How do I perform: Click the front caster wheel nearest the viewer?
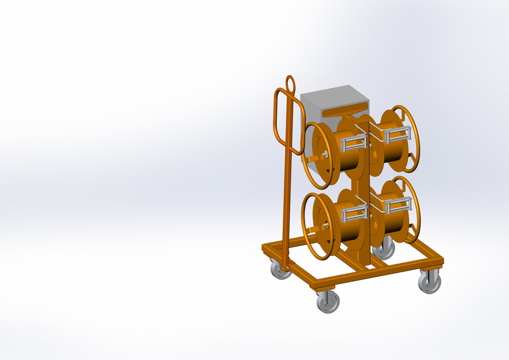point(327,301)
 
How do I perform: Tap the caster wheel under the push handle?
point(281,270)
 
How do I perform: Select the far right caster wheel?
point(430,281)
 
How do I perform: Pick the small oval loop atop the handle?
point(290,84)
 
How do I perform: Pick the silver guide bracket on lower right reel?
point(396,204)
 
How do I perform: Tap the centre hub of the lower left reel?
point(325,225)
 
